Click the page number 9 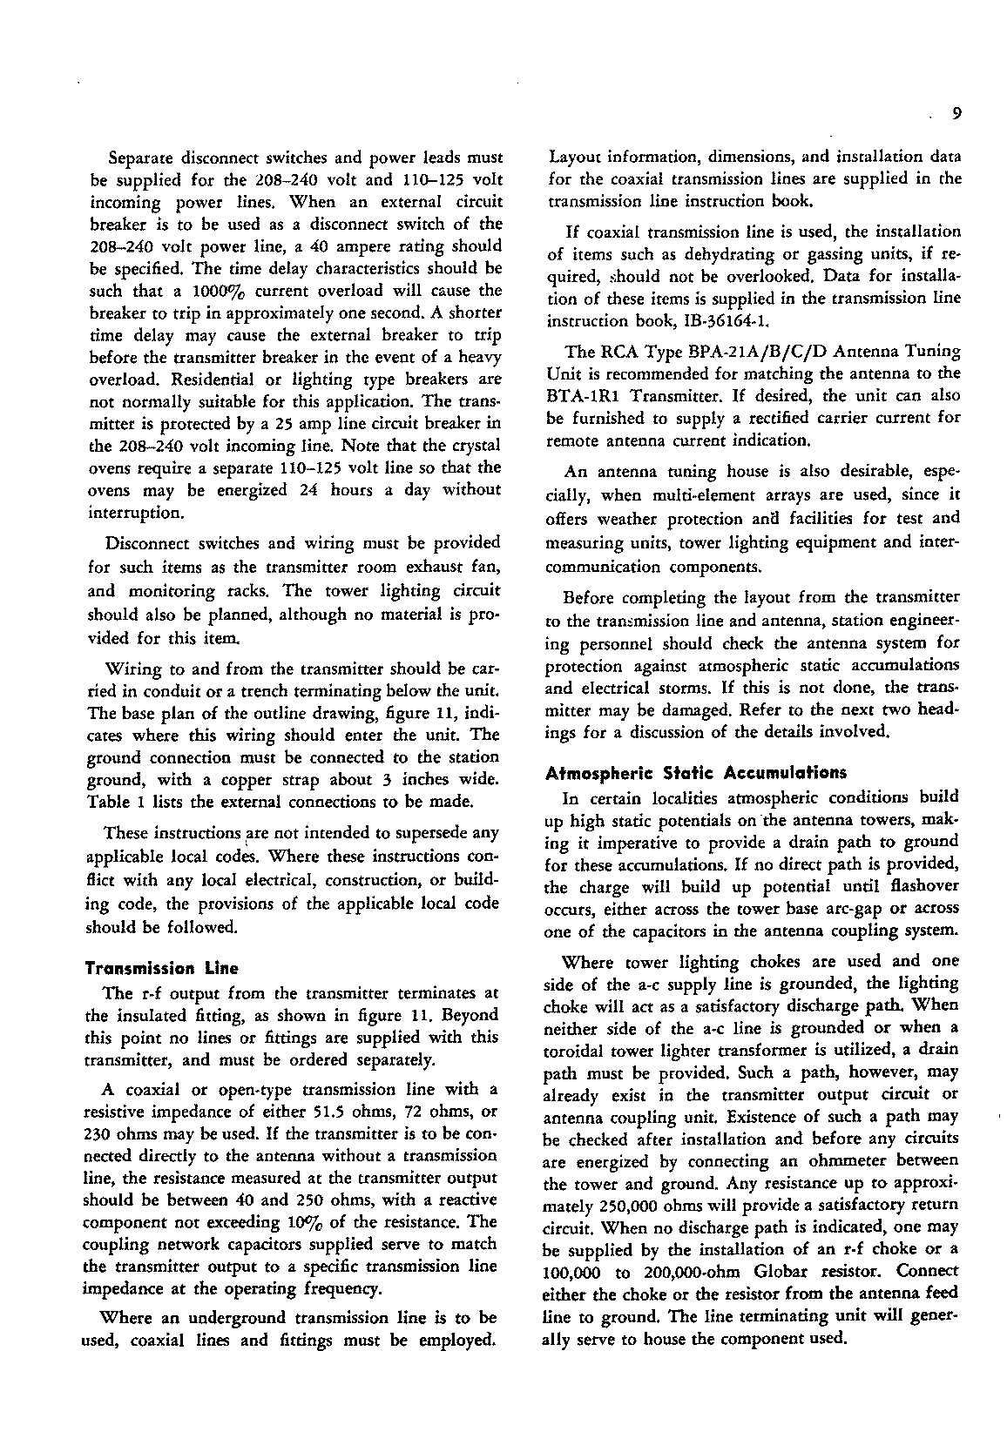(x=956, y=113)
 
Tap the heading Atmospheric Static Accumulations (x=695, y=772)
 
